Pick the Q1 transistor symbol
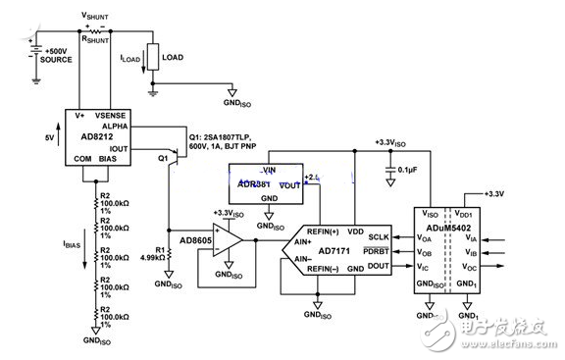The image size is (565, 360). (x=171, y=156)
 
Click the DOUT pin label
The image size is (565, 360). (x=377, y=264)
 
